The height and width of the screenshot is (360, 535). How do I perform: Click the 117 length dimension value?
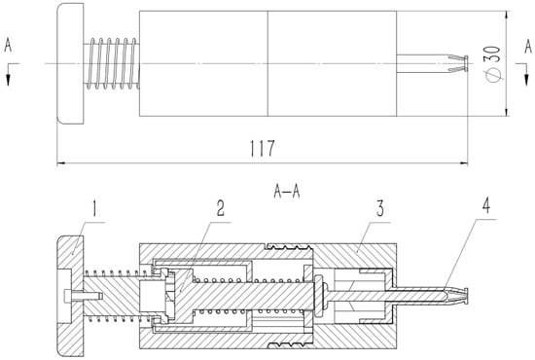(262, 148)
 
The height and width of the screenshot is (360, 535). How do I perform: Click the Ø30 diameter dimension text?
(494, 64)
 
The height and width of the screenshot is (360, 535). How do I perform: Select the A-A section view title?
(287, 192)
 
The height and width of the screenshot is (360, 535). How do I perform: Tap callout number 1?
(95, 208)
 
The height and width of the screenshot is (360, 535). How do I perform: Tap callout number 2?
(221, 208)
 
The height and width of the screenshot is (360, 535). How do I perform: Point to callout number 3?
(379, 208)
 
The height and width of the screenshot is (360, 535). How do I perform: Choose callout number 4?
(486, 205)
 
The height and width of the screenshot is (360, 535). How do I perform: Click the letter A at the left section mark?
(8, 46)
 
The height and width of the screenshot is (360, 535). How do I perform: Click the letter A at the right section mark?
(528, 47)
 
